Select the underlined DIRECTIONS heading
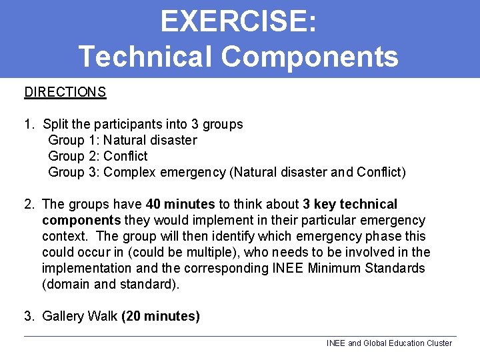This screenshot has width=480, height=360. point(65,92)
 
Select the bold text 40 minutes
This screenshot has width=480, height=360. point(180,204)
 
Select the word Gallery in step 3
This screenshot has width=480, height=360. point(63,316)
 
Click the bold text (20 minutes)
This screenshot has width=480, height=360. point(160,316)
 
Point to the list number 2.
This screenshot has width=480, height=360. point(29,204)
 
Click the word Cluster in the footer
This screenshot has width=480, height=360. point(438,343)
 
